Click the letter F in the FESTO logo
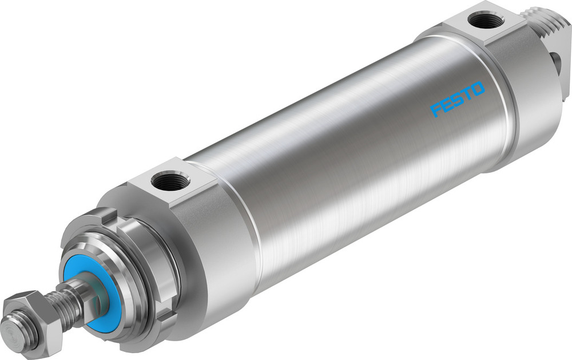pos(436,109)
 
